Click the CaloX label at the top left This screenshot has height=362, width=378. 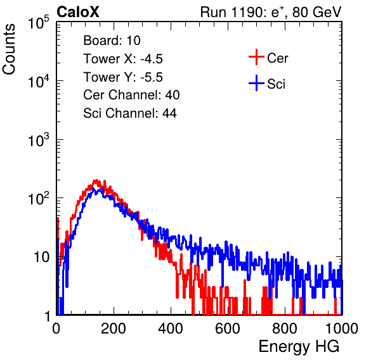click(x=78, y=12)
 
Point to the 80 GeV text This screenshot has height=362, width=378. click(x=316, y=12)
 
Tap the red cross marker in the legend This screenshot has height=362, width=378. click(x=256, y=57)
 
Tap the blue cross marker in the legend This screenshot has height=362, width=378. click(x=256, y=83)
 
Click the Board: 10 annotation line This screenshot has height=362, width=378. click(x=112, y=41)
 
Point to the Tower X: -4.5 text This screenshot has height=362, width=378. click(x=123, y=59)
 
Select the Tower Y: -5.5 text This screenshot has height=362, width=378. click(x=123, y=77)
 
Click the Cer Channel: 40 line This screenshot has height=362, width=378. click(x=131, y=95)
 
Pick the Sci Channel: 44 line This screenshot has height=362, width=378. click(x=130, y=113)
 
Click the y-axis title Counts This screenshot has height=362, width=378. click(x=9, y=49)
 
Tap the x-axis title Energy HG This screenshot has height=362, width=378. click(x=299, y=347)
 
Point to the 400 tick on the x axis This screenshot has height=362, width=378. click(x=171, y=328)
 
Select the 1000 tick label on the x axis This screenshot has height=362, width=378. click(x=342, y=328)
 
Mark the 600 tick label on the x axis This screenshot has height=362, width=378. click(x=228, y=328)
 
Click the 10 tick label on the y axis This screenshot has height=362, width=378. click(x=41, y=257)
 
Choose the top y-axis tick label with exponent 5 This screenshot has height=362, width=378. click(x=38, y=23)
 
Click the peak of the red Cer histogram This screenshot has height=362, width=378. click(x=96, y=180)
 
